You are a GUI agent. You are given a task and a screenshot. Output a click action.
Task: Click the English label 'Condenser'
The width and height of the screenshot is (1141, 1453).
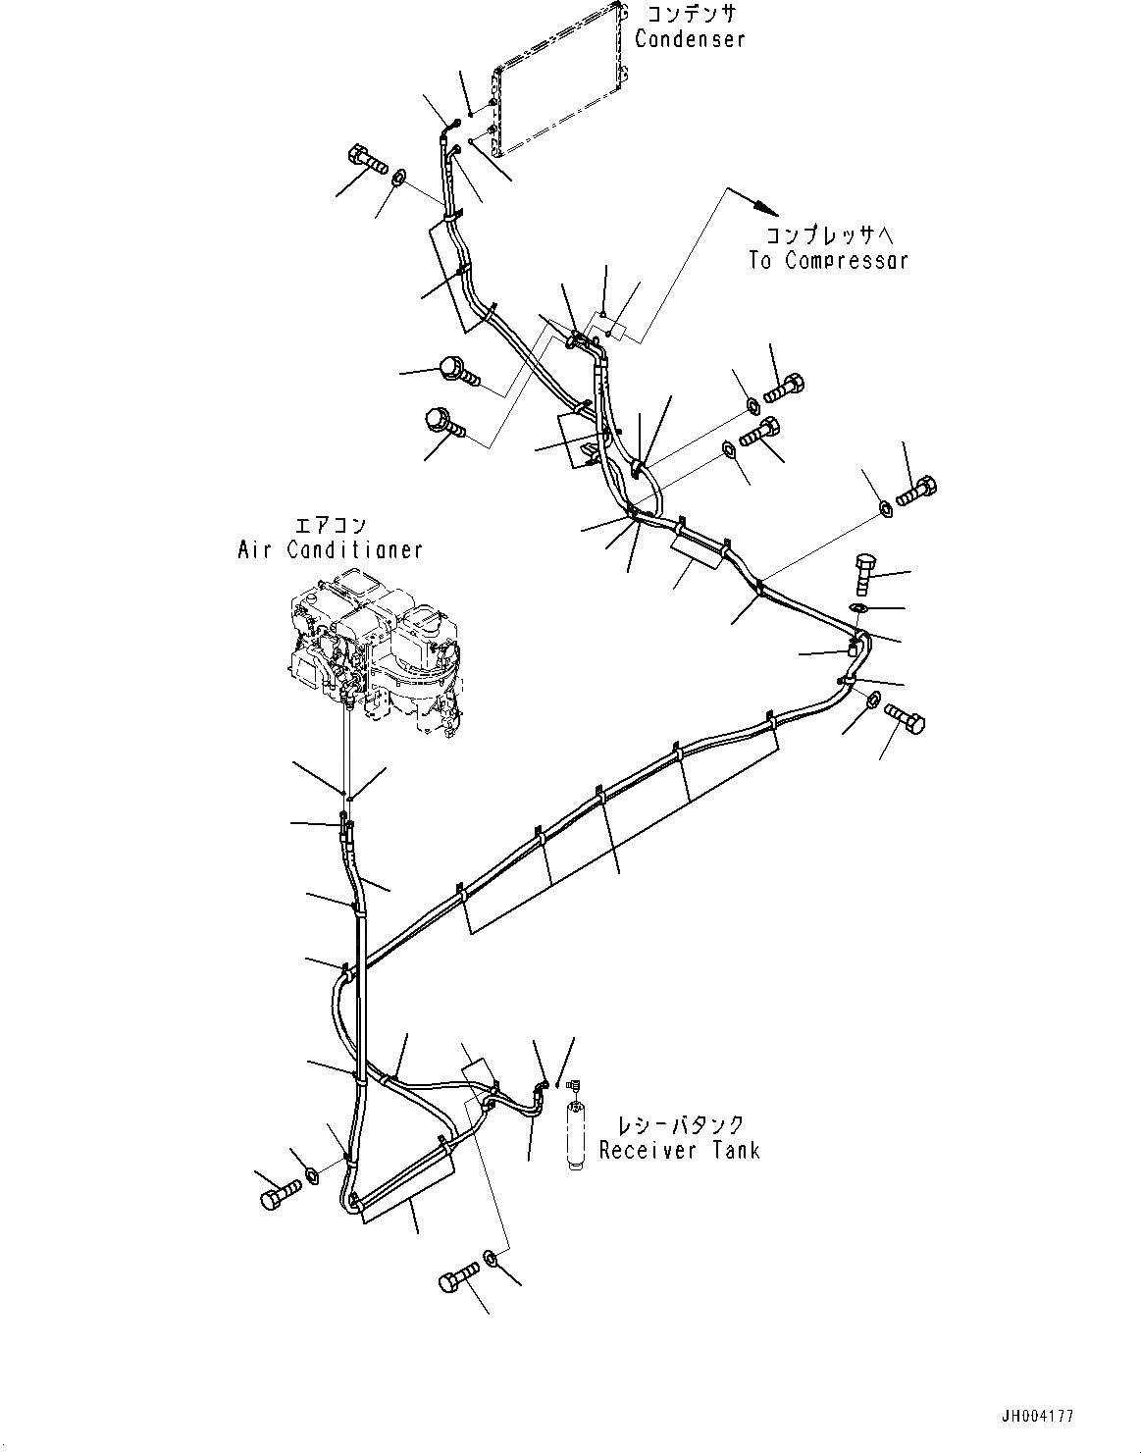click(690, 39)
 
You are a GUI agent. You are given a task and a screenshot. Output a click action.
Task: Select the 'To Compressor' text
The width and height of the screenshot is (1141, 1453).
click(828, 260)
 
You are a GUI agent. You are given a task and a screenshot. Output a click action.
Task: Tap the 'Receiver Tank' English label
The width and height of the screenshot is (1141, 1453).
click(679, 1150)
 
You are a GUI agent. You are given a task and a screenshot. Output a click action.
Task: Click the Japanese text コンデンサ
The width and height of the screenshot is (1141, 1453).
click(691, 14)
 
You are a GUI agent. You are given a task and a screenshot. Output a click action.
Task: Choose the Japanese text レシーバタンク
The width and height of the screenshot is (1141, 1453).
click(680, 1124)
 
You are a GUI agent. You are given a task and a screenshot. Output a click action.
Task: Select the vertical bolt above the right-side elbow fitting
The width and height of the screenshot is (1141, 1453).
click(864, 573)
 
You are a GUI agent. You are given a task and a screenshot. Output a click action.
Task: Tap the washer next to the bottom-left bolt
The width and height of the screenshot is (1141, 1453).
click(312, 1175)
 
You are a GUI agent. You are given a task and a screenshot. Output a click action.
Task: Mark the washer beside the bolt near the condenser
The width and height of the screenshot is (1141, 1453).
click(398, 179)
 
